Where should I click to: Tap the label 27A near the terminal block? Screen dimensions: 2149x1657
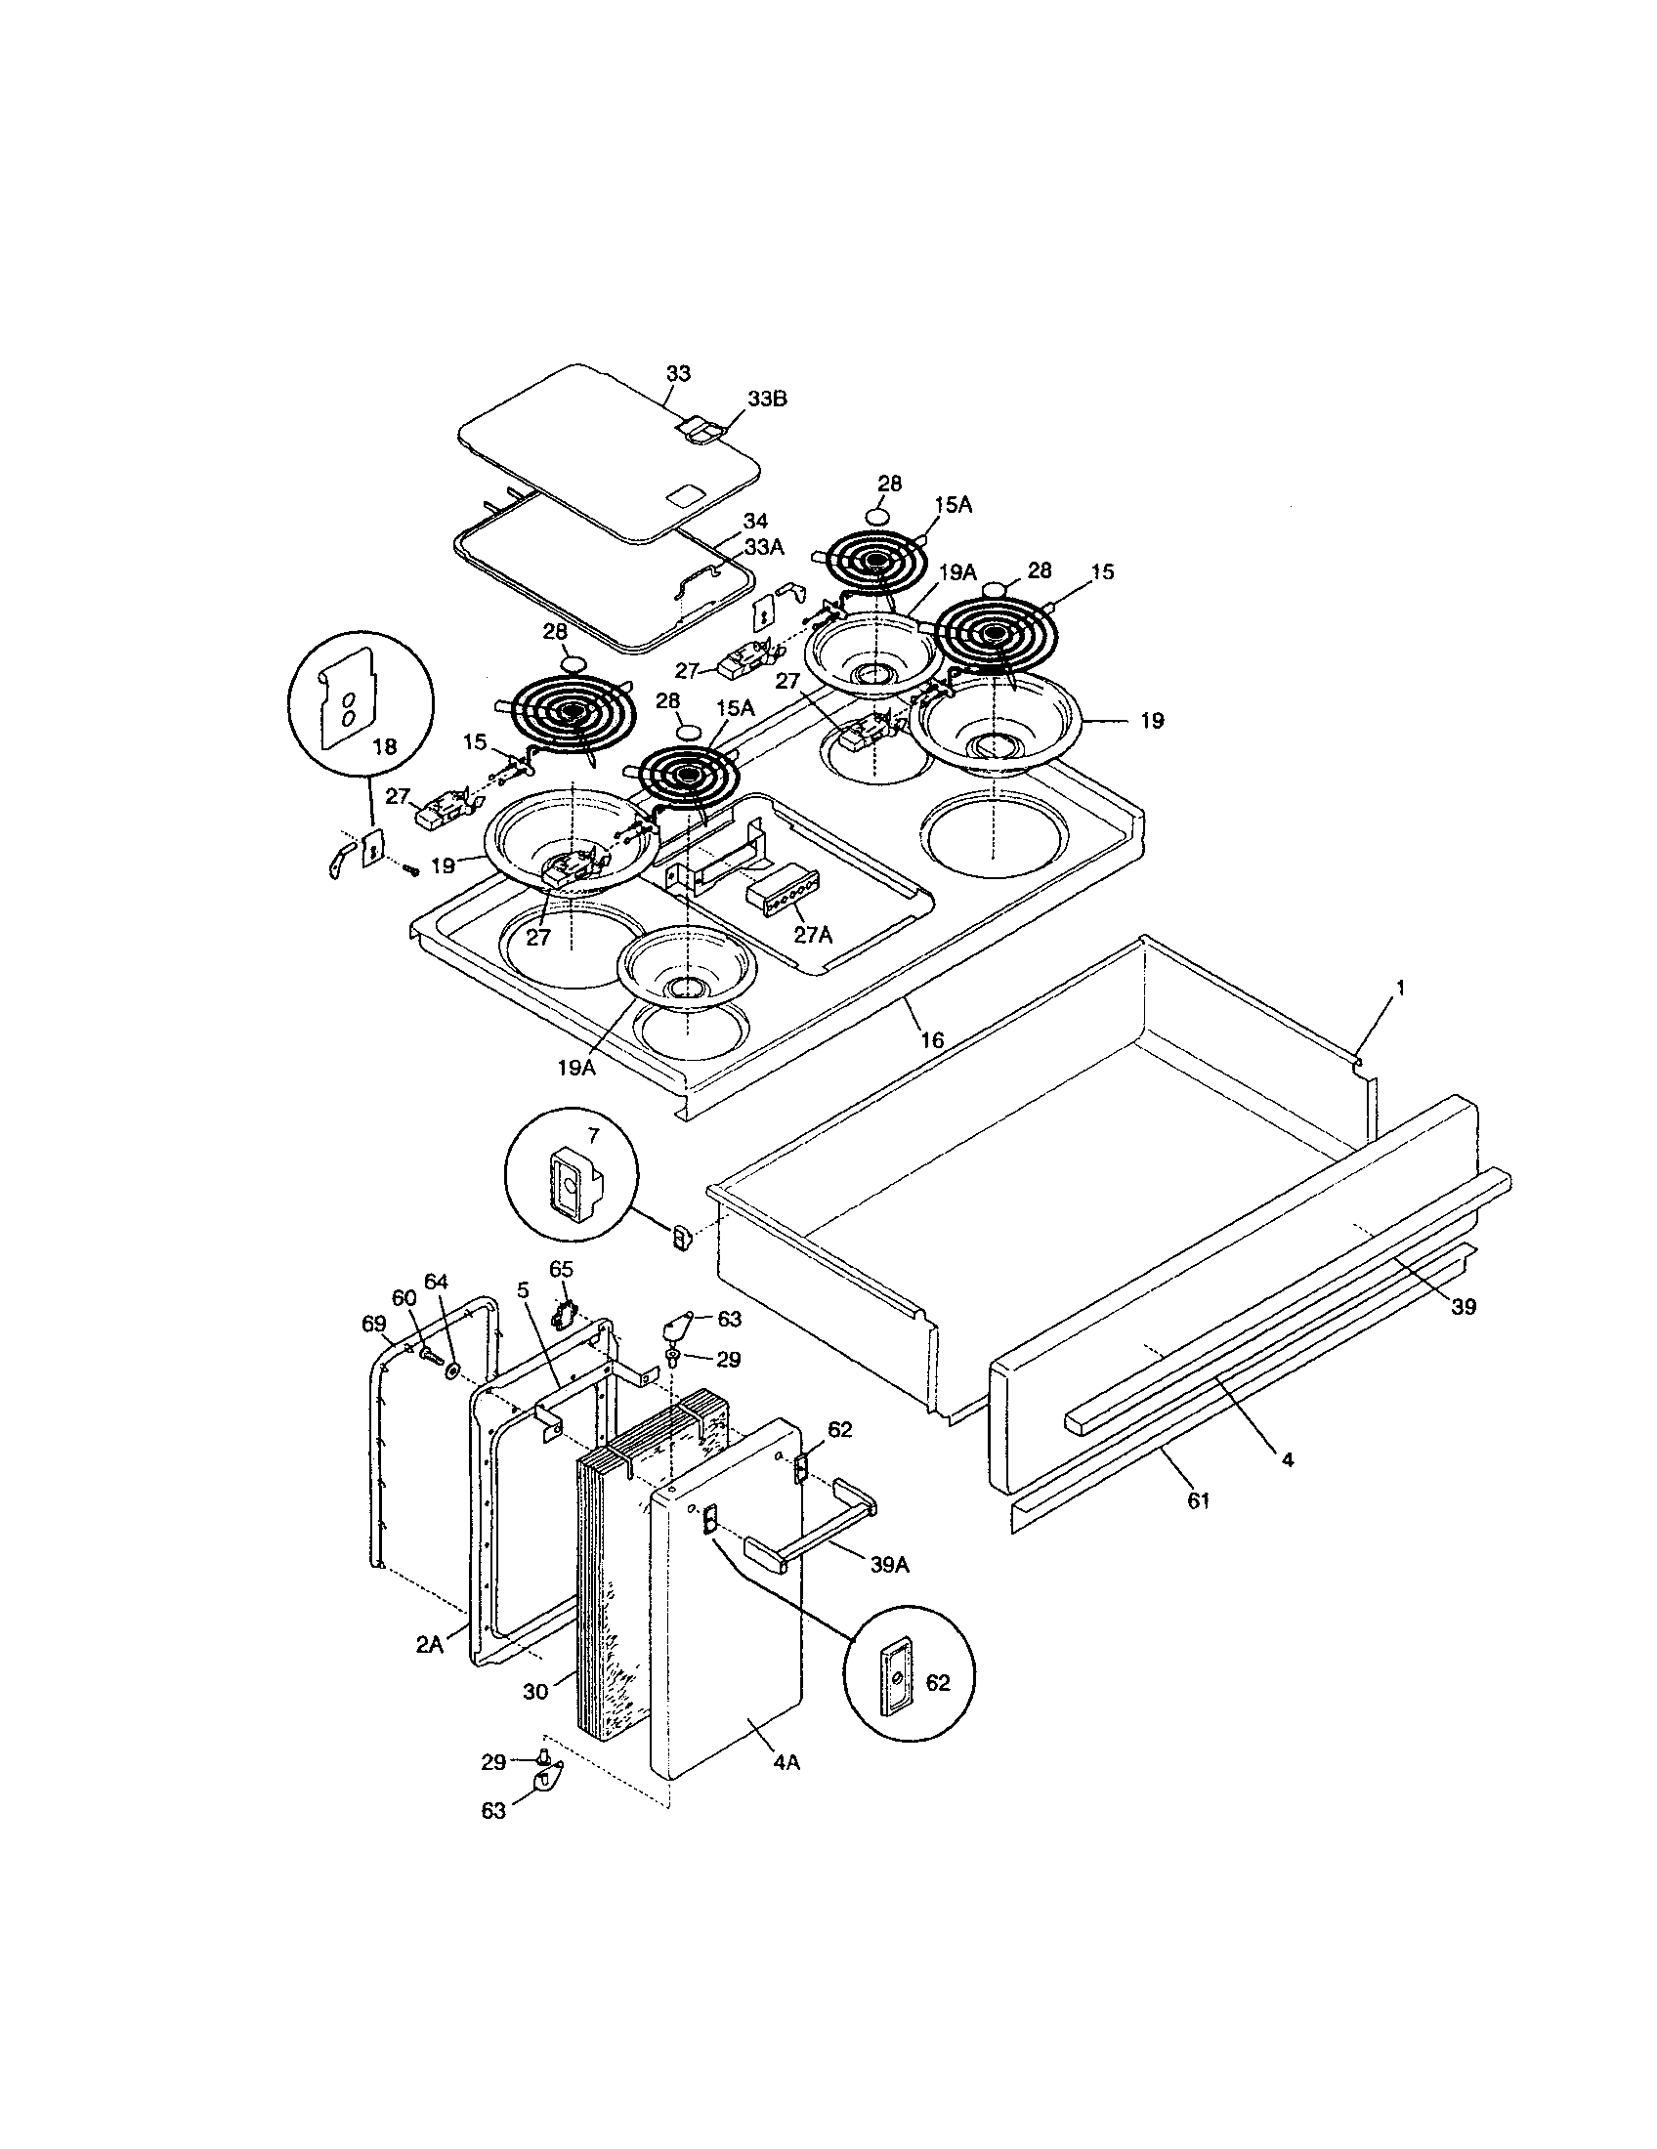(x=813, y=935)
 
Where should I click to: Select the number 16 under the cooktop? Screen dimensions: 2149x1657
(x=931, y=1039)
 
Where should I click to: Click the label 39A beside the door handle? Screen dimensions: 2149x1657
(x=888, y=1565)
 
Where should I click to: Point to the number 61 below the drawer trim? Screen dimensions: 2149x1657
(x=1198, y=1501)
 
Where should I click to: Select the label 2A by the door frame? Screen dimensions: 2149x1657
(x=429, y=1643)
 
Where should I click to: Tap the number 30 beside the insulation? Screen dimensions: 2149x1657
(x=535, y=1691)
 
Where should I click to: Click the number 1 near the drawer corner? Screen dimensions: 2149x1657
(x=1401, y=987)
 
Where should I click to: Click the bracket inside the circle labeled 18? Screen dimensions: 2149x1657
(x=347, y=694)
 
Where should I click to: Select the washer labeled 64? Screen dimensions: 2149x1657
(x=452, y=1369)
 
